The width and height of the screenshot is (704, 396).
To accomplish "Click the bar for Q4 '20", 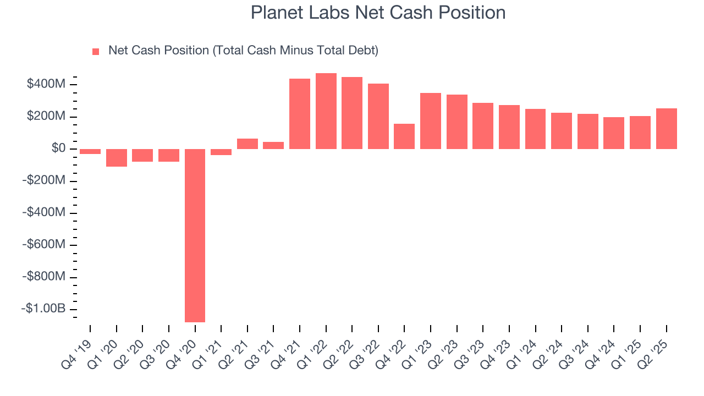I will point(195,235).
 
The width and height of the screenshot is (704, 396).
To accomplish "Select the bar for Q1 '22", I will point(326,111).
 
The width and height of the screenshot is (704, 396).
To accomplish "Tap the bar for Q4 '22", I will point(404,136).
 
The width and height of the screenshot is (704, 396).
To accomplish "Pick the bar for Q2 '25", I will point(666,129).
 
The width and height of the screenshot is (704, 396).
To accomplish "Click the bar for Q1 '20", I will point(116,158).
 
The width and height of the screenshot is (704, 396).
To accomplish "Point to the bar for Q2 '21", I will point(247,144).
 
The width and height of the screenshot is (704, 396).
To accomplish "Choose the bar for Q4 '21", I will point(300,114).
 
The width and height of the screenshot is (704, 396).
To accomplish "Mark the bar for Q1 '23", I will point(431,121).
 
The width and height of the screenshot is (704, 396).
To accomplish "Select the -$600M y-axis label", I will point(44,245).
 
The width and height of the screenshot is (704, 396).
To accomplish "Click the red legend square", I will point(96,52).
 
